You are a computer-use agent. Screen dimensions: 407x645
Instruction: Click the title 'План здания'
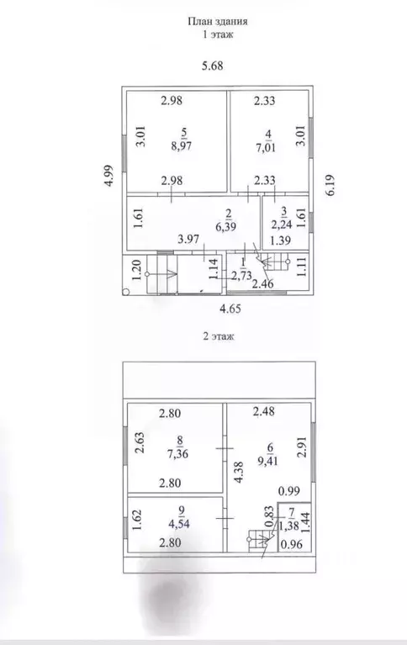tap(218, 21)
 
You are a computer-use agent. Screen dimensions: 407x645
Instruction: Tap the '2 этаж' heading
tap(219, 336)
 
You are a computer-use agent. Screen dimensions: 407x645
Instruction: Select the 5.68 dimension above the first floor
tap(213, 66)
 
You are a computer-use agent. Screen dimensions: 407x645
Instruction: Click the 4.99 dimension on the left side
tap(108, 176)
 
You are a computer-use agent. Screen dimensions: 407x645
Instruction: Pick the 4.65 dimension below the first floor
tap(230, 309)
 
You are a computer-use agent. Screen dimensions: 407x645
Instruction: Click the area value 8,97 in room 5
tap(182, 145)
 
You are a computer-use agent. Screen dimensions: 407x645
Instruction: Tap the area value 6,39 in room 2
tap(226, 226)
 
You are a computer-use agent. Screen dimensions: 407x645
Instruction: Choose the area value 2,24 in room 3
tap(281, 225)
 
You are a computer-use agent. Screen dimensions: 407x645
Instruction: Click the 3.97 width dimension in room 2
tap(188, 239)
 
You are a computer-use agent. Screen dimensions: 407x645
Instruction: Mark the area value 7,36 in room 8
tap(177, 454)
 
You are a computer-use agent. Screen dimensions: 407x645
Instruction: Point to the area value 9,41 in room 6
tap(268, 461)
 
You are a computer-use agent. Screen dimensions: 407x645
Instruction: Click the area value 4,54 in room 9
tap(179, 524)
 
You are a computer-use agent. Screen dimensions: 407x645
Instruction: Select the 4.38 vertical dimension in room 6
tap(239, 471)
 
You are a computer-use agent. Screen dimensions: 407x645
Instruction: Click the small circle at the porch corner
tap(126, 292)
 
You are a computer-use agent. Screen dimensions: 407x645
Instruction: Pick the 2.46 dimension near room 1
tap(263, 283)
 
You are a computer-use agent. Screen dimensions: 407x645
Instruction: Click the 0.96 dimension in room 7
tap(291, 544)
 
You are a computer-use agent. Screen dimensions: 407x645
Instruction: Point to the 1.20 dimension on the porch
tap(136, 270)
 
